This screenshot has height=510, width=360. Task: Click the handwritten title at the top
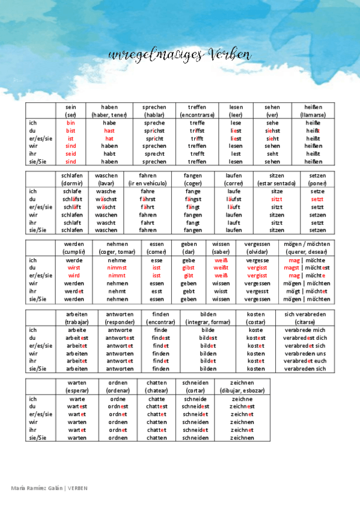click(179, 55)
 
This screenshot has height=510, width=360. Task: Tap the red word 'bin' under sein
click(71, 123)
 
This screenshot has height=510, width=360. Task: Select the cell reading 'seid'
click(71, 153)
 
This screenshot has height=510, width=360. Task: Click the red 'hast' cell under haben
click(109, 131)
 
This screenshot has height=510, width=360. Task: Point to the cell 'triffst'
click(197, 131)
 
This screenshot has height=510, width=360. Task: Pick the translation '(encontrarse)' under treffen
click(197, 114)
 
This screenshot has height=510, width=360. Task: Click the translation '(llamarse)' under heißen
click(313, 114)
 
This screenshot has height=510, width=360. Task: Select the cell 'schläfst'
click(72, 199)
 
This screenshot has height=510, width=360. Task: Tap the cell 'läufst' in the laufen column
click(234, 199)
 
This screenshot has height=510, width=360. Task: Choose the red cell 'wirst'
click(74, 268)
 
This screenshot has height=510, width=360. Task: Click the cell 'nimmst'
click(117, 268)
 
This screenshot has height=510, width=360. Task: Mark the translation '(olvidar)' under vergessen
click(257, 252)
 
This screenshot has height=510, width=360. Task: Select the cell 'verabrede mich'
click(305, 330)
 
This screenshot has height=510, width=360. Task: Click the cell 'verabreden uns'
click(305, 354)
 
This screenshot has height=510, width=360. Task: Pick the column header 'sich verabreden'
click(305, 314)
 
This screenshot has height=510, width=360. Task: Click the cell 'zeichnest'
click(242, 407)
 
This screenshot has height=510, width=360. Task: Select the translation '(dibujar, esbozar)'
click(242, 390)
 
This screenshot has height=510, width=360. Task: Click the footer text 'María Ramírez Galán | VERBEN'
click(50, 488)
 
